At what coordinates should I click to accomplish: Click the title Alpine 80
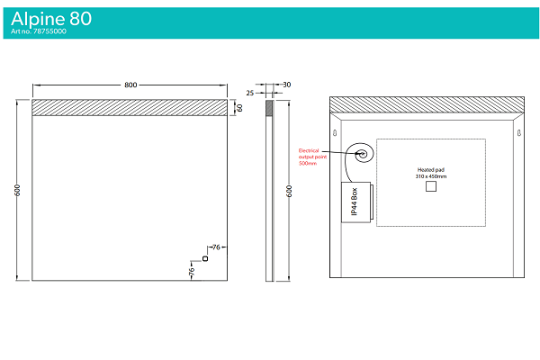(x=51, y=19)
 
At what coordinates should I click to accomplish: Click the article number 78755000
(x=49, y=31)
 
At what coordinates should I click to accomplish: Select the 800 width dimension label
(x=130, y=85)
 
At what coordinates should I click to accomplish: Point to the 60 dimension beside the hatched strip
(x=239, y=108)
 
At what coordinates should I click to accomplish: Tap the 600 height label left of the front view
(x=17, y=190)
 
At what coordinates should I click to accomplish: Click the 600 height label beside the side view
(x=289, y=191)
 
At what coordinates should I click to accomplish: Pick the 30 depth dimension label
(x=287, y=85)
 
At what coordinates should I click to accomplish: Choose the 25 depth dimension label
(x=250, y=93)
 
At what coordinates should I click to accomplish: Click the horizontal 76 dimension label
(x=216, y=247)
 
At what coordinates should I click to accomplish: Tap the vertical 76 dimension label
(x=192, y=272)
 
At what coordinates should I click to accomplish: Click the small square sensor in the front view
(x=205, y=258)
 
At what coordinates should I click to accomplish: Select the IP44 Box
(x=356, y=202)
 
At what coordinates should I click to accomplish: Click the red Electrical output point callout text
(x=312, y=157)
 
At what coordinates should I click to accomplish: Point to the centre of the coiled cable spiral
(x=363, y=154)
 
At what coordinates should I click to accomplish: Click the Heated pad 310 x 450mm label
(x=431, y=173)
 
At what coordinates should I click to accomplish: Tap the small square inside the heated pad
(x=431, y=186)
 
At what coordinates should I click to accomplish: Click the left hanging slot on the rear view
(x=335, y=132)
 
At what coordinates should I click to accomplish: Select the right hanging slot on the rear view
(x=519, y=132)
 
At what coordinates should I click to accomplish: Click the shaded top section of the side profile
(x=269, y=108)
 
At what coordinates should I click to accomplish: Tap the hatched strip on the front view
(x=130, y=107)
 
